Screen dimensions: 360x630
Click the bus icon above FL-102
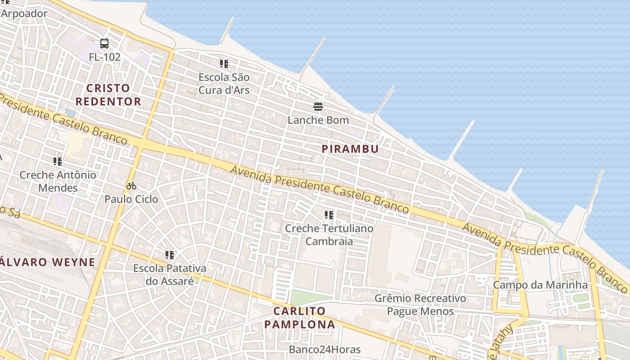tap(104, 44)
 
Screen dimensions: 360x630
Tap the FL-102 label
tap(104, 57)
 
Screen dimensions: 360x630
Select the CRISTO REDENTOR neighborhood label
tap(108, 94)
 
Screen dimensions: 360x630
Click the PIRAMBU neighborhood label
tap(350, 149)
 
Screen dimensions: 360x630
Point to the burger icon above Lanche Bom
tap(318, 107)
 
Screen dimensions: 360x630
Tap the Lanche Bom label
tap(318, 120)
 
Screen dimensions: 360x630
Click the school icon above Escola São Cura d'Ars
tap(224, 64)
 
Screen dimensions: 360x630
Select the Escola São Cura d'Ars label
tap(224, 84)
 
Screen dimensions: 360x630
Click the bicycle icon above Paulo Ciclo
tap(131, 186)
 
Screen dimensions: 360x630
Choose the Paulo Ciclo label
tap(131, 199)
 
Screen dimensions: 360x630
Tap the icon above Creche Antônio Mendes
tap(58, 161)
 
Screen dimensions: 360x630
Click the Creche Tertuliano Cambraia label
tap(329, 234)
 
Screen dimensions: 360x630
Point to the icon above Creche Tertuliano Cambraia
tap(329, 215)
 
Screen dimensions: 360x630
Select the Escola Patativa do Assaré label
tap(170, 274)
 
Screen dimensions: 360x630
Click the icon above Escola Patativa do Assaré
tap(170, 255)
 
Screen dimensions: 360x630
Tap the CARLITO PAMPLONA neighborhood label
tap(300, 318)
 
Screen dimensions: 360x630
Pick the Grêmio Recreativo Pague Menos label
tap(420, 305)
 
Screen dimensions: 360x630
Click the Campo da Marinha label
tap(540, 285)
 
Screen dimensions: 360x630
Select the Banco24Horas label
tap(324, 349)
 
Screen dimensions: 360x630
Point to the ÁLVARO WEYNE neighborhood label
tap(48, 262)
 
